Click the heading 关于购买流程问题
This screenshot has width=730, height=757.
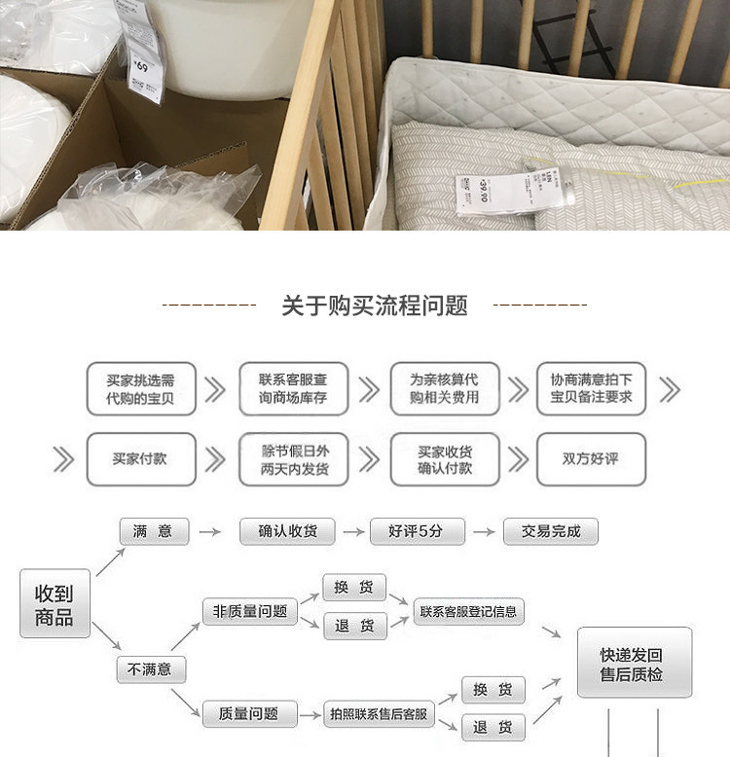(x=375, y=306)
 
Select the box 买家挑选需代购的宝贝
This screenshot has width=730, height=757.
(x=141, y=389)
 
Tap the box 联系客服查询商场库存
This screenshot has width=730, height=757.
(x=293, y=389)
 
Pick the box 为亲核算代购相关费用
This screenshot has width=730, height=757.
(x=444, y=389)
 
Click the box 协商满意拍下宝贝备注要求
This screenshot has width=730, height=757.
(x=591, y=389)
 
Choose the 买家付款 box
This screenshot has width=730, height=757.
(x=141, y=459)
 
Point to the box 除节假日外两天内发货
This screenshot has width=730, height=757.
(x=293, y=459)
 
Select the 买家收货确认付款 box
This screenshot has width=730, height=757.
(x=444, y=459)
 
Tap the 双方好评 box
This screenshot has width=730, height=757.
(x=591, y=459)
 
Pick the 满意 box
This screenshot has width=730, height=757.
(x=153, y=531)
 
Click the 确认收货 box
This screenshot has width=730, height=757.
(x=287, y=531)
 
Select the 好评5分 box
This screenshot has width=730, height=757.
(x=417, y=531)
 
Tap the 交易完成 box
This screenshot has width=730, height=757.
(x=550, y=531)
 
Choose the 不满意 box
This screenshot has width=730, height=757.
(x=150, y=669)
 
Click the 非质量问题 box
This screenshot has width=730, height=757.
(x=250, y=611)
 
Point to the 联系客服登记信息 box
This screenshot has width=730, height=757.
(x=468, y=611)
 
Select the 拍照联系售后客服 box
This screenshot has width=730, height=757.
(x=379, y=714)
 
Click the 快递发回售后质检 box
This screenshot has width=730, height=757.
(x=634, y=663)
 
